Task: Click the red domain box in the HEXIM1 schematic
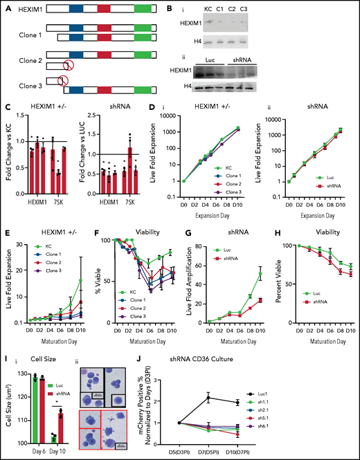104,12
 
